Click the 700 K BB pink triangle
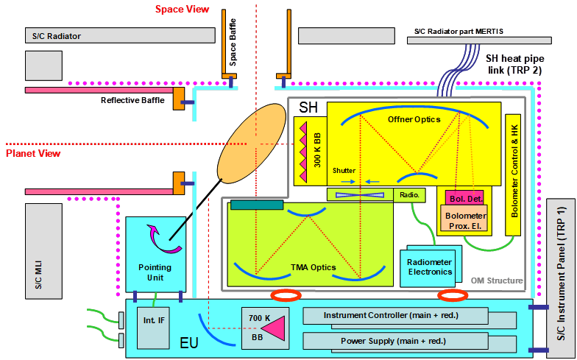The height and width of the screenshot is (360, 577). [x=272, y=325]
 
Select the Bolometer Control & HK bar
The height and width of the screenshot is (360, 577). [x=514, y=174]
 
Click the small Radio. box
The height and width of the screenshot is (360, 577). [x=409, y=194]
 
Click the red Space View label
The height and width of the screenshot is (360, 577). [x=183, y=9]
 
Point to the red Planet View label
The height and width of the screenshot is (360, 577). [x=33, y=154]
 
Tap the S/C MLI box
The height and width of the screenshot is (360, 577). [x=40, y=251]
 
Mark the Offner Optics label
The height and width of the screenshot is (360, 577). [x=414, y=119]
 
